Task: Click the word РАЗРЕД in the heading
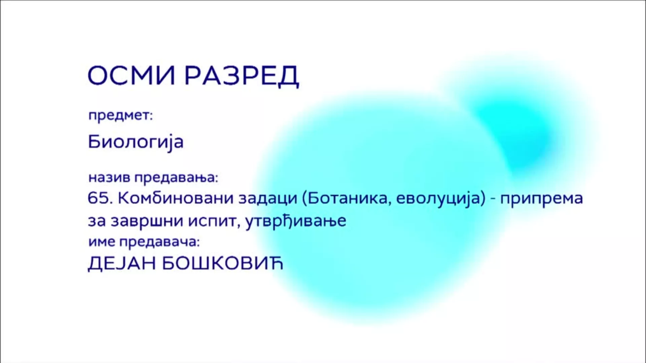(x=242, y=76)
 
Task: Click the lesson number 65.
(x=100, y=198)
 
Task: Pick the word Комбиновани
(x=176, y=198)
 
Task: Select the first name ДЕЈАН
(x=122, y=263)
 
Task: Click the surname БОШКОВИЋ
(x=223, y=263)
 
